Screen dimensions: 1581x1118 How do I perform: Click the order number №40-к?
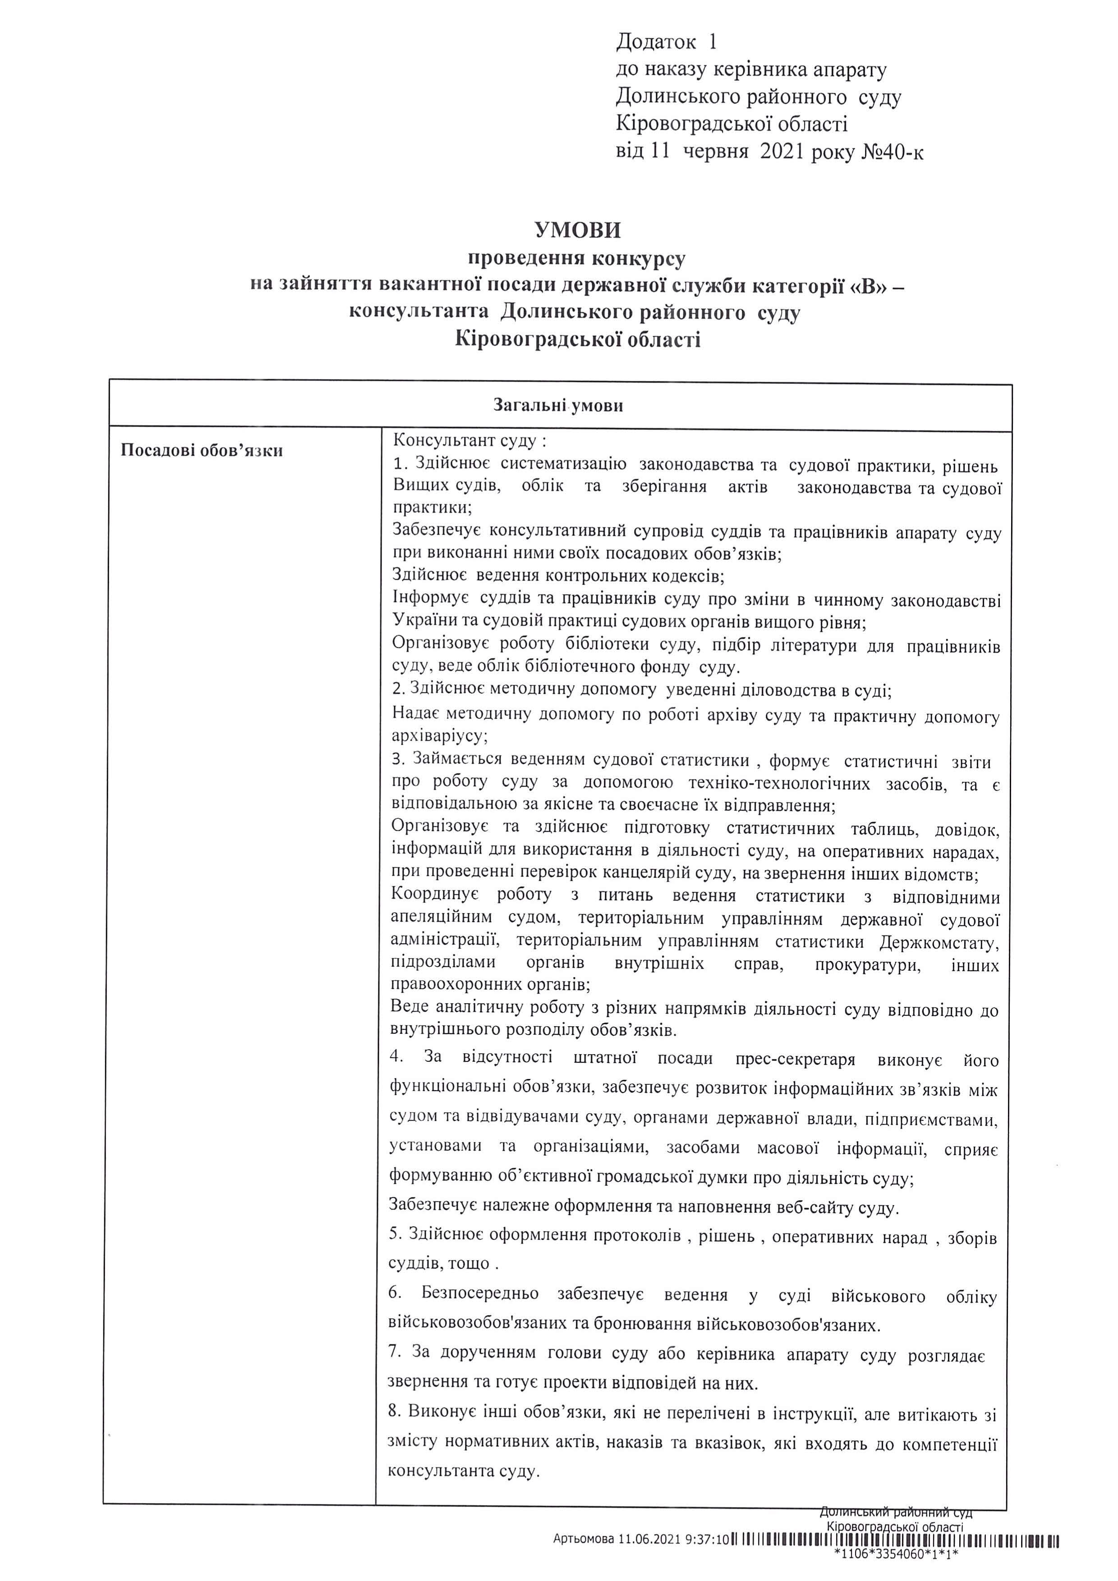893,151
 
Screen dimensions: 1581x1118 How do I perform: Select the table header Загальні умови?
558,406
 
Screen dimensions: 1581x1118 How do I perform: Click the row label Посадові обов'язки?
202,451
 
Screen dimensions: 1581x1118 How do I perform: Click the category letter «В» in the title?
869,285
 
